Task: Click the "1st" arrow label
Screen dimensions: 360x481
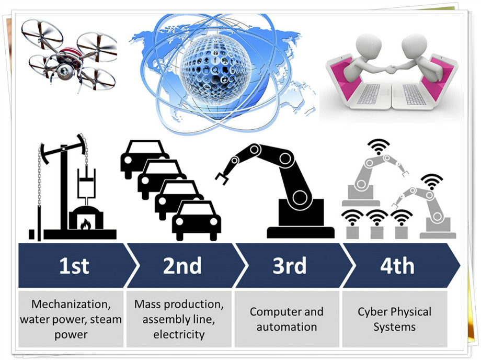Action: [x=74, y=266]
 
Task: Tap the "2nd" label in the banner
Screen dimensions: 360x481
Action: [x=182, y=266]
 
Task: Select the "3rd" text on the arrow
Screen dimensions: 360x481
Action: [x=289, y=266]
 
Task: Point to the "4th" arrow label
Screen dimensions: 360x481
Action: [x=397, y=266]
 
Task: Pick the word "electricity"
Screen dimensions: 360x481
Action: [x=179, y=334]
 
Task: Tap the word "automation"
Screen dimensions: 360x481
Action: [x=287, y=327]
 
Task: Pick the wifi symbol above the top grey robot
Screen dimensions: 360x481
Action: [x=380, y=144]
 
